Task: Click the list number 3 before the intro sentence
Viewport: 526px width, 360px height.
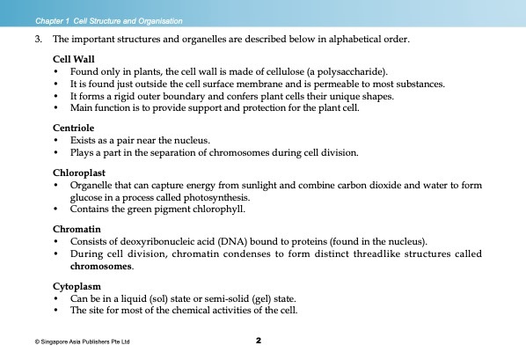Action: (x=38, y=40)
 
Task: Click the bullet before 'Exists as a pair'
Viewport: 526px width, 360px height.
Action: (x=57, y=141)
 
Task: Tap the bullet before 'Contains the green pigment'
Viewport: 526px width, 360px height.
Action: (x=57, y=210)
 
